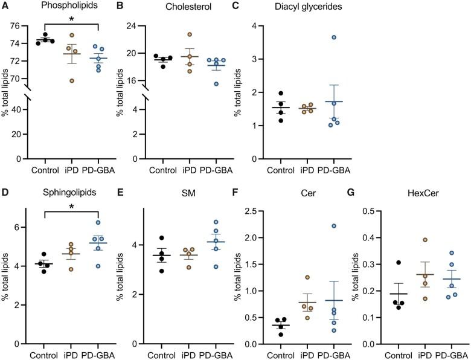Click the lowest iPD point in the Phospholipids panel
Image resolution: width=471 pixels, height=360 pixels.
[x=72, y=80]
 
